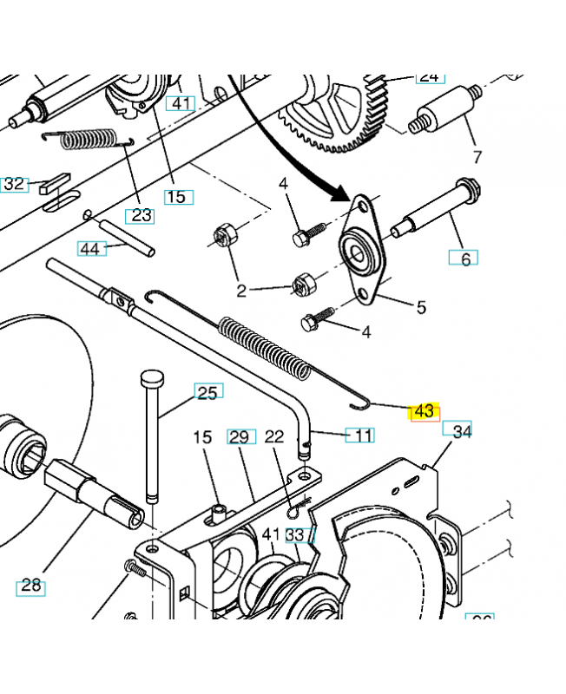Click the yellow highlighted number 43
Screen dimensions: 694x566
click(424, 410)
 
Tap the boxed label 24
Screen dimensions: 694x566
click(429, 76)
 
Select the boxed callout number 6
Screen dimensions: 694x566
click(464, 259)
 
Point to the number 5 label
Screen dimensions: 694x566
click(421, 306)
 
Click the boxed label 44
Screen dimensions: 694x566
click(90, 249)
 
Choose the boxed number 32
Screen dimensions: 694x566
click(15, 184)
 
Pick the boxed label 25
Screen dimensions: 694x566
click(207, 393)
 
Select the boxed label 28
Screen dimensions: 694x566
click(31, 586)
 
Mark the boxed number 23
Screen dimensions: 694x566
click(141, 215)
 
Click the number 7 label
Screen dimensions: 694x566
click(476, 157)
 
